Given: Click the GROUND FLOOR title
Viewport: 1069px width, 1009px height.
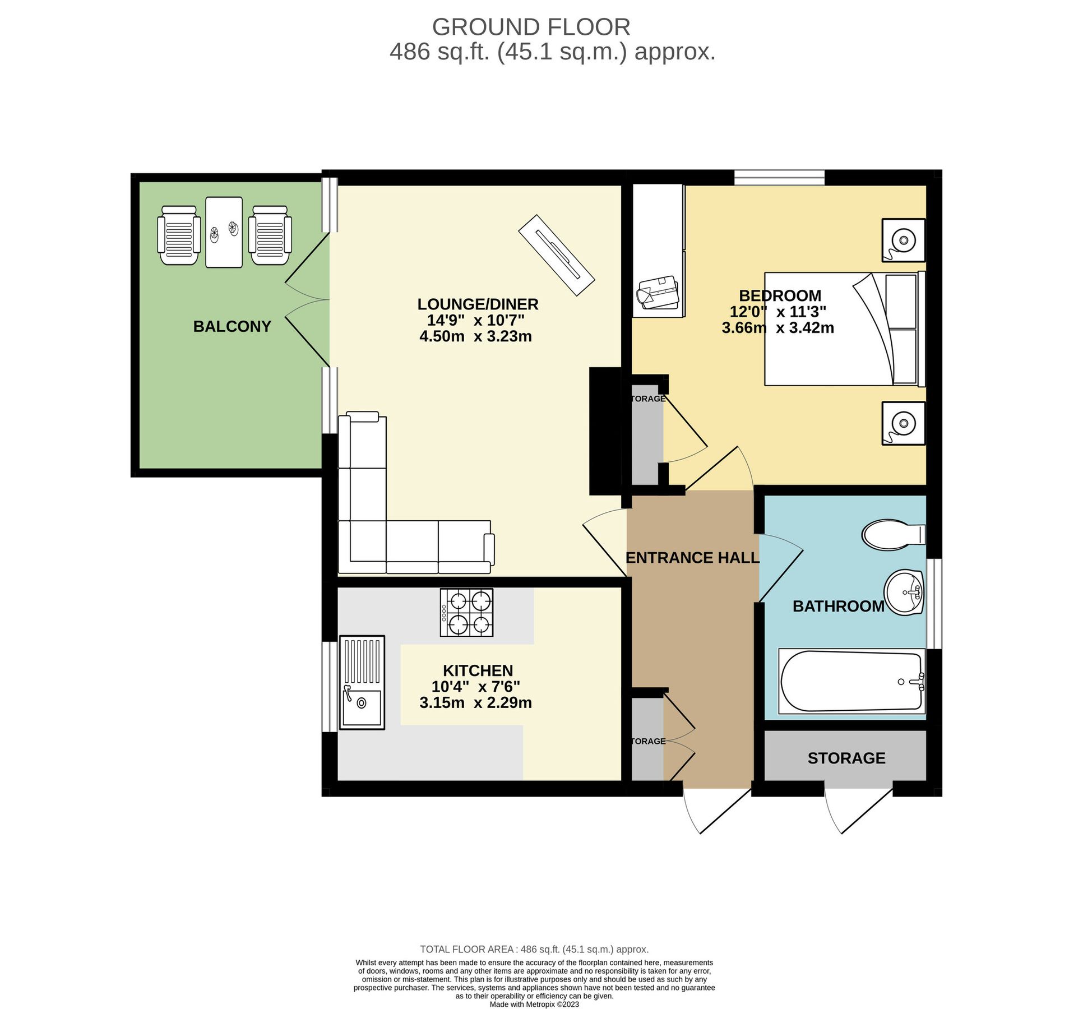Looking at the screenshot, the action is tap(530, 27).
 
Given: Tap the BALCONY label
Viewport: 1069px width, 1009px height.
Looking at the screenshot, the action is tap(232, 326).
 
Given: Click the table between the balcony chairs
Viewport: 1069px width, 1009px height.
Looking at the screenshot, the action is tap(224, 232).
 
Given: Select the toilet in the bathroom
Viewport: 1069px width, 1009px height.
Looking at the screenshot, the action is tap(893, 534).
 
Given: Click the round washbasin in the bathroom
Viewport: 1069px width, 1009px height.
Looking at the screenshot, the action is tap(904, 592).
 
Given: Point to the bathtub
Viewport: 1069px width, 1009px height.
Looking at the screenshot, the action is tap(852, 681).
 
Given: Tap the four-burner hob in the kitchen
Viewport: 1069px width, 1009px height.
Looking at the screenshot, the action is tap(466, 612).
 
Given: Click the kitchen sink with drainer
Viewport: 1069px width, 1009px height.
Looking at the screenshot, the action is tap(362, 682).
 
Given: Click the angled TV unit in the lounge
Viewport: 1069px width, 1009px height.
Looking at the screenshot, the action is tap(556, 254).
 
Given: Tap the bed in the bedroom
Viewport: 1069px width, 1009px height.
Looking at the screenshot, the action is tap(844, 328).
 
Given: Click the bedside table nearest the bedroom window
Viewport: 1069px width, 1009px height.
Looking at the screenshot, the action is tap(903, 240).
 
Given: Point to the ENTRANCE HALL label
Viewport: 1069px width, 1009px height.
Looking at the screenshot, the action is tap(692, 558).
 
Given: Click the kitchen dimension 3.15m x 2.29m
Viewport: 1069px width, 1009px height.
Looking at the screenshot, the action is tap(475, 702).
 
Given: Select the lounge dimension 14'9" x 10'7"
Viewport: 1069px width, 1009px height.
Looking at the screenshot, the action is tap(475, 320).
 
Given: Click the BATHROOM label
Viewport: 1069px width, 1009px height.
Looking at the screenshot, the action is tap(838, 606).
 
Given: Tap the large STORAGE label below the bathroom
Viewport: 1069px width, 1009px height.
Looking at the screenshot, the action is tap(846, 758).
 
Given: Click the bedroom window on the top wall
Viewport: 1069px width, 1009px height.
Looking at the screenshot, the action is tap(779, 177).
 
